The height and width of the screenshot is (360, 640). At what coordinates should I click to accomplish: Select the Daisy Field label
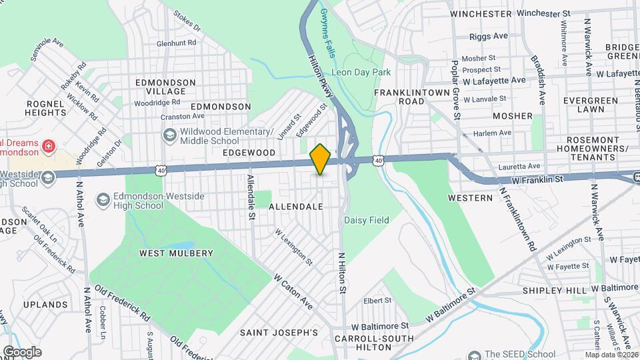tap(366, 220)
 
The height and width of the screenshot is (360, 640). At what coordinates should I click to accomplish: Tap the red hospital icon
tap(47, 145)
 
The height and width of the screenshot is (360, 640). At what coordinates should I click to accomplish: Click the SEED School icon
tap(474, 355)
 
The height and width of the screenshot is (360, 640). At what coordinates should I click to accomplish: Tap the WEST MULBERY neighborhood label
tap(176, 253)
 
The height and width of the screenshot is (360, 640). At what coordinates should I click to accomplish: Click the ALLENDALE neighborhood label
tap(296, 207)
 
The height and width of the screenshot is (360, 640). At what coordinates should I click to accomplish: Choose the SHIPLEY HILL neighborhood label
tap(555, 291)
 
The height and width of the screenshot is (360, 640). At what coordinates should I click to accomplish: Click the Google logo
tap(22, 351)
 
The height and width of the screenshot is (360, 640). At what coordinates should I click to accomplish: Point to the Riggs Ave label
tap(489, 35)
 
